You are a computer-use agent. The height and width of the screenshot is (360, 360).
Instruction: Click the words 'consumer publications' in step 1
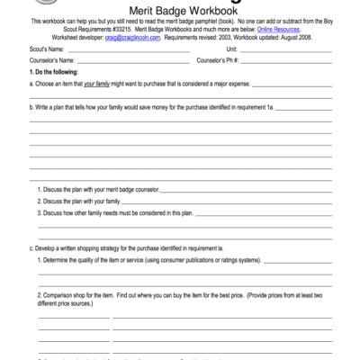(206, 260)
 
